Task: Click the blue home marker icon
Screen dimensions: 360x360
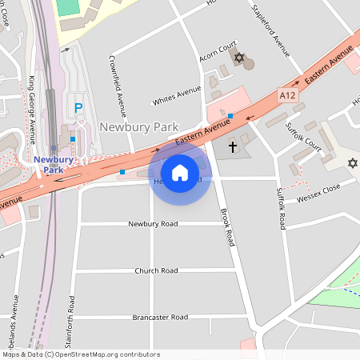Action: [x=180, y=172]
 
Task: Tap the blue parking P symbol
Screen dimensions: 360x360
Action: [x=78, y=108]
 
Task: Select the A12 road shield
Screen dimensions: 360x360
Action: [x=287, y=95]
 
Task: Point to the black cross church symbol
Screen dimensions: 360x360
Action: [x=233, y=146]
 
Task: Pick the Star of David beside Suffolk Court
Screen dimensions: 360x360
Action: [x=352, y=163]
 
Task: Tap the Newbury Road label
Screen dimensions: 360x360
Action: [x=153, y=224]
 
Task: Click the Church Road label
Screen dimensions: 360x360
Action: [x=156, y=270]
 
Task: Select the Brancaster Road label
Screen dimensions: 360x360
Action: [x=160, y=317]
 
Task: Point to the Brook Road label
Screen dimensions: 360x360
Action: [x=227, y=226]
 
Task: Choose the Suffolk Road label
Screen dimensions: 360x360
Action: [x=281, y=209]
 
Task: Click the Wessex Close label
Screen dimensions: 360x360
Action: [x=318, y=192]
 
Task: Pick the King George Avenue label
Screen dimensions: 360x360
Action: [x=32, y=105]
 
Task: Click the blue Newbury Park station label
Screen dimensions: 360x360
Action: [x=54, y=164]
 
